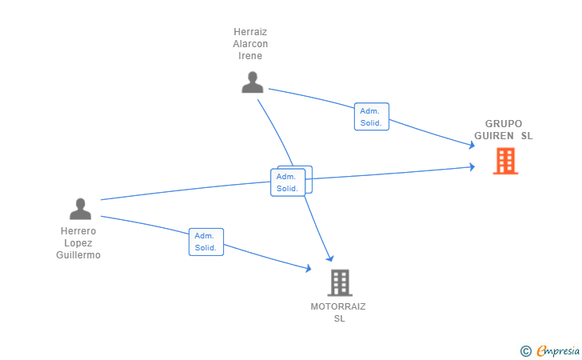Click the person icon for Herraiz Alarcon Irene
[253, 82]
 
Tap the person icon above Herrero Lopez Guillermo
[80, 209]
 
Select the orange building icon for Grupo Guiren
[505, 161]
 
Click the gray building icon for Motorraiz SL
[340, 282]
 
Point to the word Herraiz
[250, 32]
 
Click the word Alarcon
[250, 44]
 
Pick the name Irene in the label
[250, 56]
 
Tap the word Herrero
[78, 231]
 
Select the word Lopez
[78, 243]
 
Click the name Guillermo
[78, 255]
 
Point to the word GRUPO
[504, 124]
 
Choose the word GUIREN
[494, 136]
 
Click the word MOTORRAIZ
[338, 306]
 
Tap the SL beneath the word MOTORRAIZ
[339, 318]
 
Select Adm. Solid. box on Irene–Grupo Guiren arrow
[372, 117]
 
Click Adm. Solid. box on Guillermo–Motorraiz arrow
[206, 242]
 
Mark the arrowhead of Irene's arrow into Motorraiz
[330, 258]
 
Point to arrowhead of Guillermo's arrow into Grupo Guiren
[472, 167]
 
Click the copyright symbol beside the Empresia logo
[526, 351]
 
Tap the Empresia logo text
[558, 350]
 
